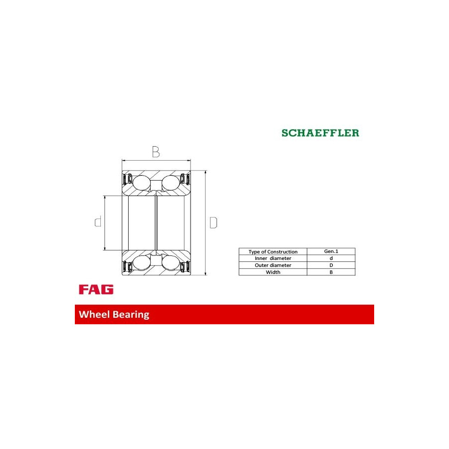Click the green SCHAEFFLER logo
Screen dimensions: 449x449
point(320,133)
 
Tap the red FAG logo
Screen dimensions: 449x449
point(96,289)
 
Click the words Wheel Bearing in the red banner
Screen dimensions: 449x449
point(114,314)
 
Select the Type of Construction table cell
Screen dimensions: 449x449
point(273,251)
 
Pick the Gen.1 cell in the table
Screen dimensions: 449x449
point(331,251)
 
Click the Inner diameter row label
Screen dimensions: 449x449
point(273,258)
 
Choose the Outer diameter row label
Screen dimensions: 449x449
point(273,265)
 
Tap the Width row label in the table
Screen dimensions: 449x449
point(273,272)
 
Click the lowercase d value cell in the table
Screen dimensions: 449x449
point(331,258)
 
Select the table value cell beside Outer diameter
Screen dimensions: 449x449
point(331,265)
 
